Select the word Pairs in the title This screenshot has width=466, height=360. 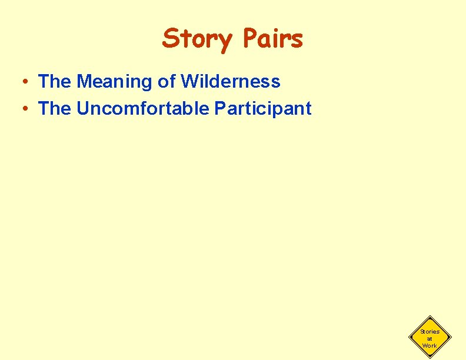click(272, 39)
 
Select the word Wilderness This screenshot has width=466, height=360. click(230, 82)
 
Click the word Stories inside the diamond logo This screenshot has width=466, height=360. click(430, 332)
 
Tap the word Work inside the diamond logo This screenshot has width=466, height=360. click(430, 345)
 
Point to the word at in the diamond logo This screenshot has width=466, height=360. click(430, 339)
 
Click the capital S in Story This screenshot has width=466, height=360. click(170, 39)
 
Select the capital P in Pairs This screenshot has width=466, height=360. click(248, 39)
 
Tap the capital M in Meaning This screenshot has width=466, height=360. click(83, 82)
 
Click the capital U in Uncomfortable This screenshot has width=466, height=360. click(82, 109)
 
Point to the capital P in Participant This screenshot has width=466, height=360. click(219, 109)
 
